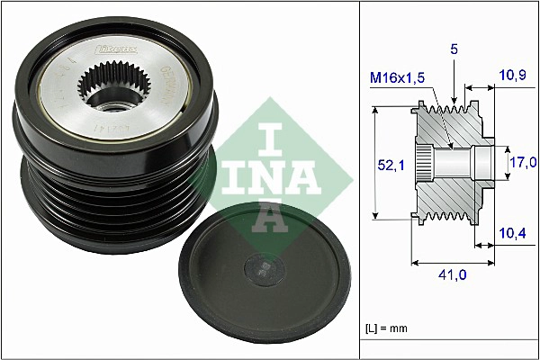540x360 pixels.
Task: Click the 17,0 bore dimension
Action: pos(524,162)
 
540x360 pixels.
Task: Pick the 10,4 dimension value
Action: pos(512,234)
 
